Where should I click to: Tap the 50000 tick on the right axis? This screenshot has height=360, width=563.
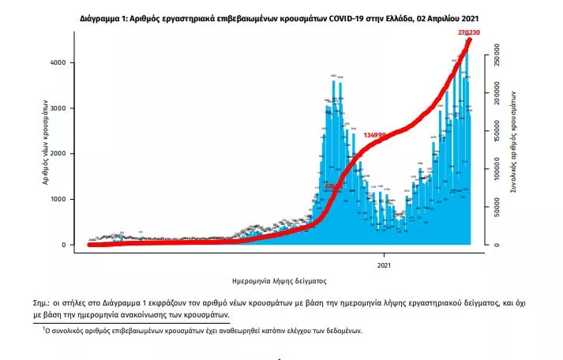495,208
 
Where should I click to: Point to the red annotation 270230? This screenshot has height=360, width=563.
468,32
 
